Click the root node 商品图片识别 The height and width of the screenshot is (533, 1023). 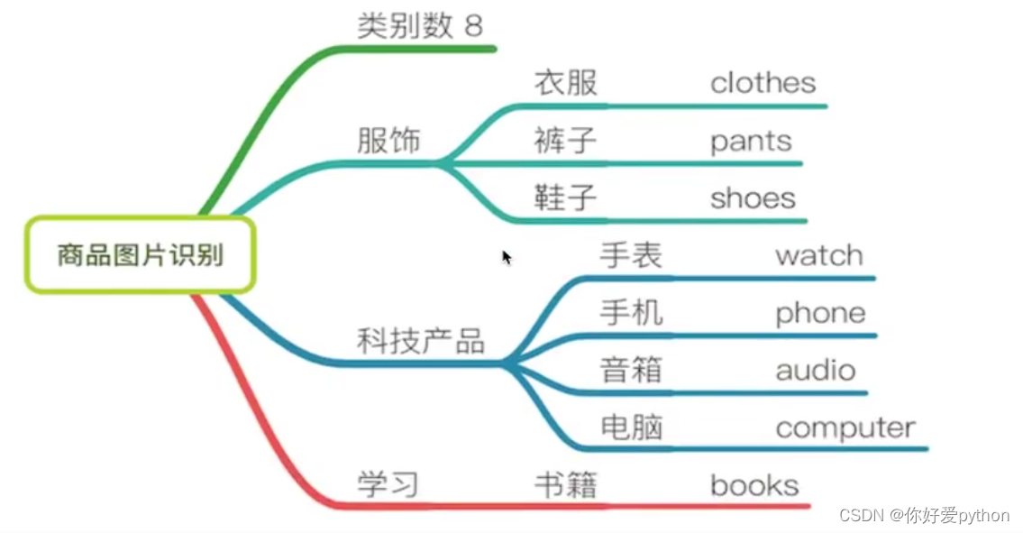tap(140, 255)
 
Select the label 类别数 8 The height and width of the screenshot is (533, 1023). tap(420, 25)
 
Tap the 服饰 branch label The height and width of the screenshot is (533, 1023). tap(388, 141)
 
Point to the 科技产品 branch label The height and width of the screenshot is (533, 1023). tap(421, 341)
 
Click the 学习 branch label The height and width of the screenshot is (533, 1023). tap(388, 484)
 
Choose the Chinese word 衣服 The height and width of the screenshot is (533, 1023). tap(565, 83)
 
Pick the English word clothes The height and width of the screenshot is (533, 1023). tap(763, 83)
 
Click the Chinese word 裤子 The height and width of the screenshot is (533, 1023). tap(565, 141)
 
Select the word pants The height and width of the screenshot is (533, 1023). tap(751, 142)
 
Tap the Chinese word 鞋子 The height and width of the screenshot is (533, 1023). tap(565, 198)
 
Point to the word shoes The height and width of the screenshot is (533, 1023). tap(753, 198)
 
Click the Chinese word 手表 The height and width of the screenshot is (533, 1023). tap(631, 255)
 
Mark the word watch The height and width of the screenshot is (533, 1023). tap(818, 255)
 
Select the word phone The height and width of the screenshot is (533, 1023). tap(820, 313)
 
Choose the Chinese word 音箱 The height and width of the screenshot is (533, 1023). tap(631, 370)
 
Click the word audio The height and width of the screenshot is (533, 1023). tap(816, 370)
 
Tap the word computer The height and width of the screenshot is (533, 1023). tap(845, 427)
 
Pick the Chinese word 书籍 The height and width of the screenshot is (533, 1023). tap(565, 485)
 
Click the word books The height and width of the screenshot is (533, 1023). tap(754, 485)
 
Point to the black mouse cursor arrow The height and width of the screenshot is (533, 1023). tap(507, 257)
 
